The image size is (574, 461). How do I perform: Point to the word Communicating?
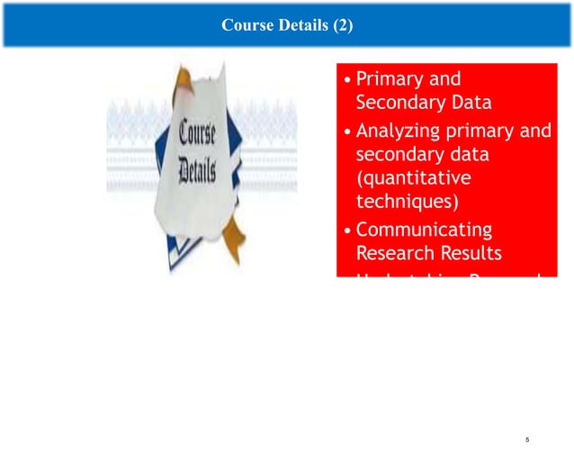click(x=425, y=229)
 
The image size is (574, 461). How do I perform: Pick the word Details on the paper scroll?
click(x=196, y=171)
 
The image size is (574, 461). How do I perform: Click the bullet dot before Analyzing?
click(x=348, y=132)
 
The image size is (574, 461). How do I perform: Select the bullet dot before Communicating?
click(x=348, y=230)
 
